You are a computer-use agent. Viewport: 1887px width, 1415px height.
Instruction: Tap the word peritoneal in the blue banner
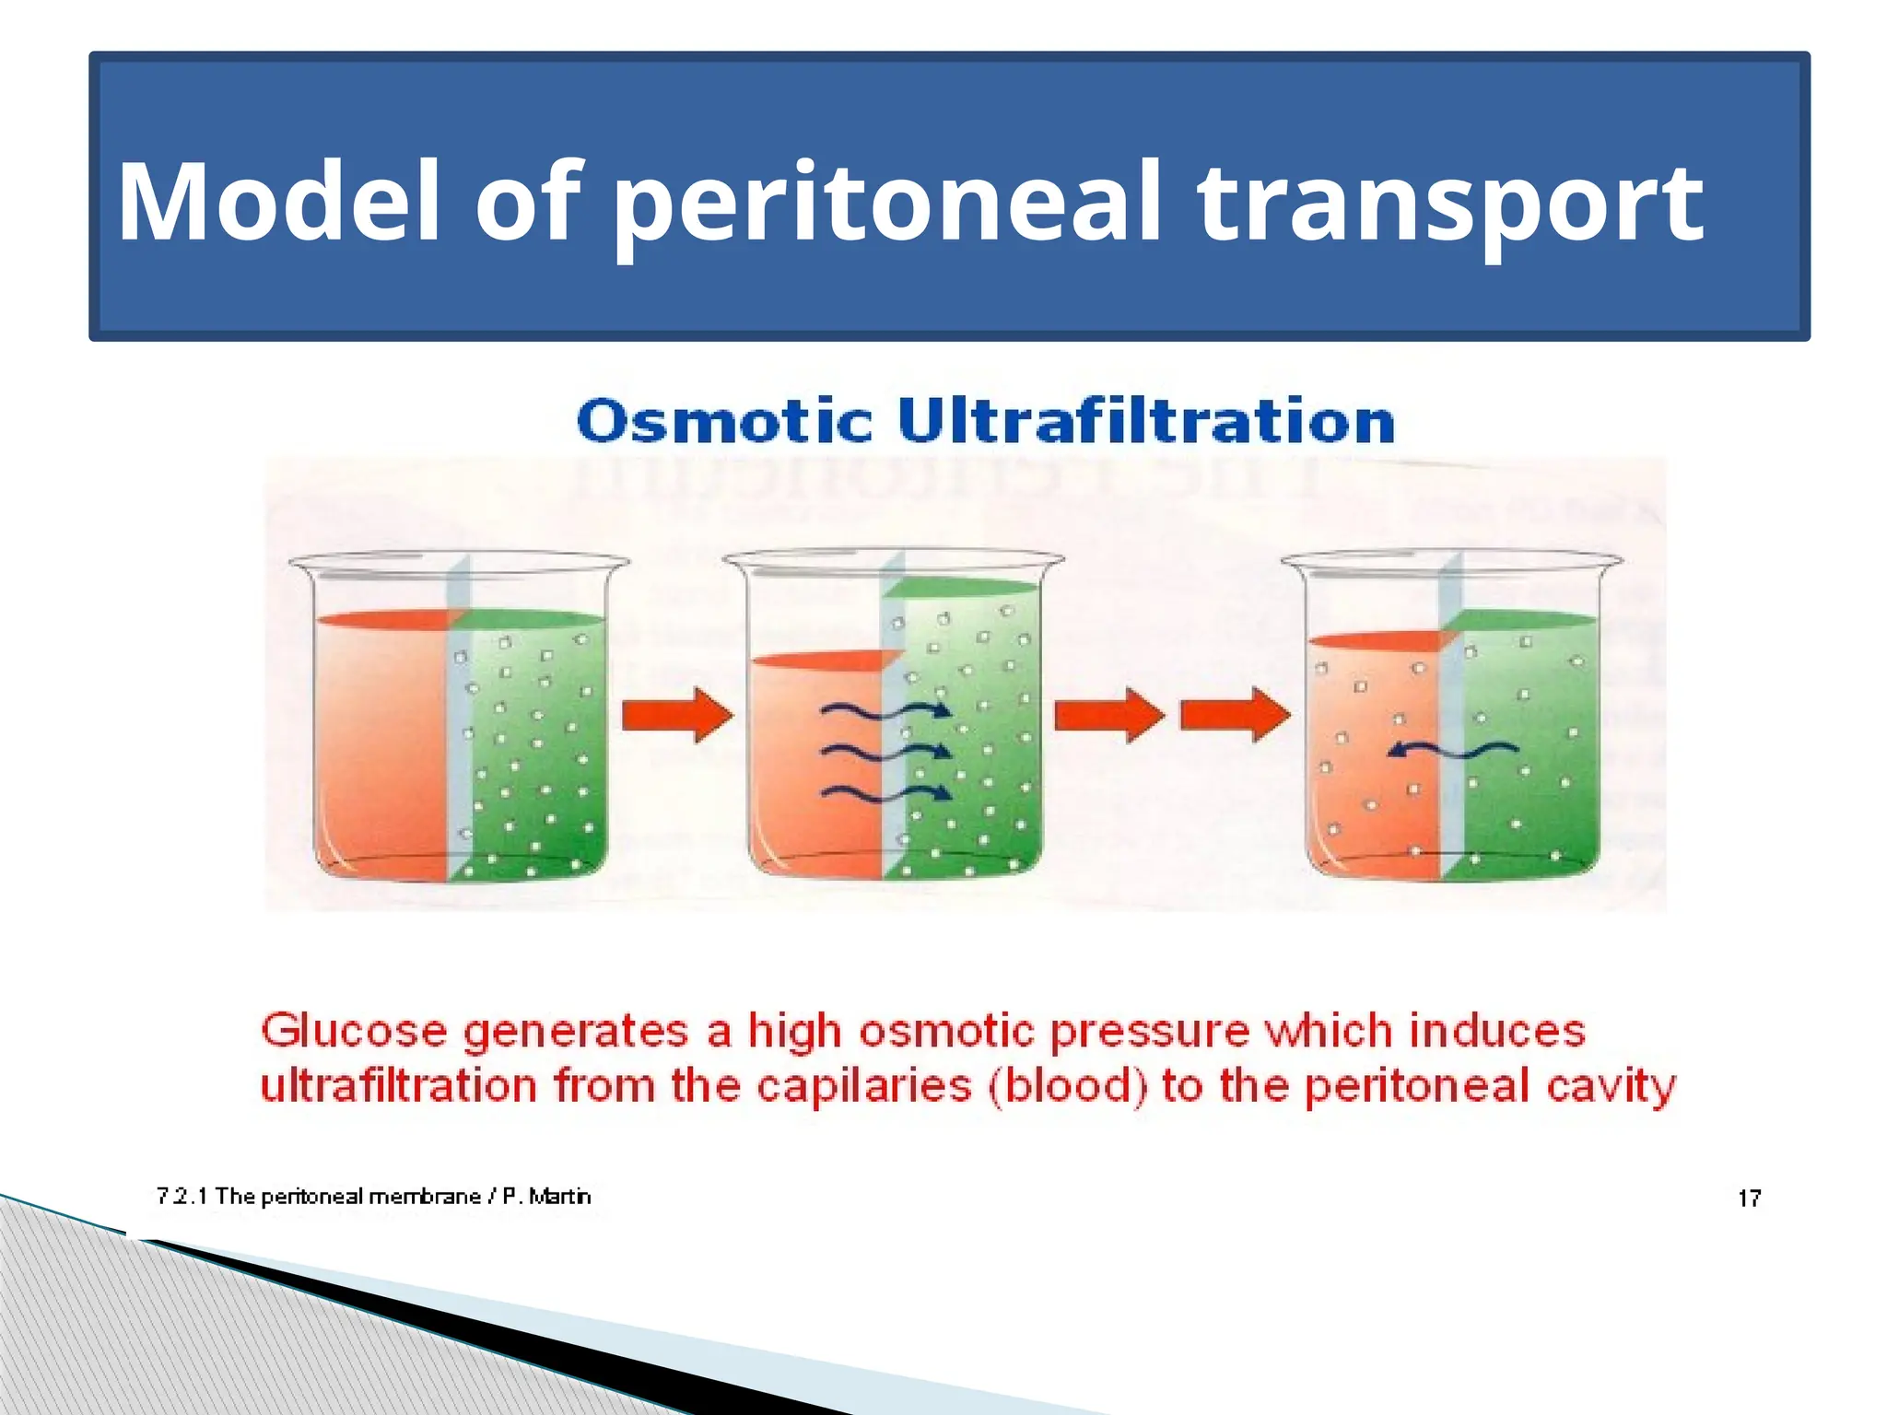(885, 202)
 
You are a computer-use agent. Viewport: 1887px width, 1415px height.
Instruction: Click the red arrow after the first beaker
(676, 715)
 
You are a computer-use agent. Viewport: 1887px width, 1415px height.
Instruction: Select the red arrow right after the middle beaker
(1108, 715)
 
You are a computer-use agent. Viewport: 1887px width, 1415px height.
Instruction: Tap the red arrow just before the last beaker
(1235, 715)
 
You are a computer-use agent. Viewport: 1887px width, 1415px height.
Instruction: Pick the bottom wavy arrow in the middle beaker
(885, 792)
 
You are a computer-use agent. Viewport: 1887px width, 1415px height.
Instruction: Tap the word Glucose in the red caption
(354, 1030)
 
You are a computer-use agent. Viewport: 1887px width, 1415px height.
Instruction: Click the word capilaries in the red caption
(863, 1086)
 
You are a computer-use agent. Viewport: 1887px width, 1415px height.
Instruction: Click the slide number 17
(1749, 1198)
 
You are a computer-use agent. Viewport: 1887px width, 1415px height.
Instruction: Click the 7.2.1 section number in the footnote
(182, 1196)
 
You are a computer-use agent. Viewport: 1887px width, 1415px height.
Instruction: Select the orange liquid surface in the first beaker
(382, 620)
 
